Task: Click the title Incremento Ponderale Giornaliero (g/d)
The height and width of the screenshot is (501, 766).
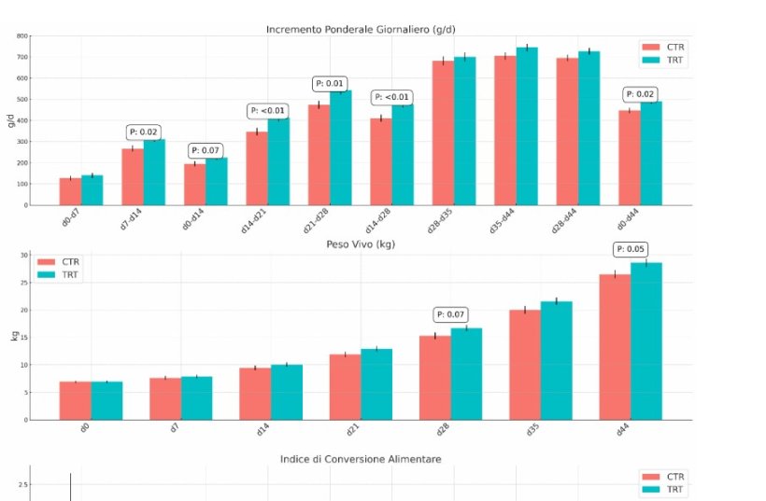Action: coord(361,28)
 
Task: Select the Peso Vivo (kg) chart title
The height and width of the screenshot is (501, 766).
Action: coord(361,244)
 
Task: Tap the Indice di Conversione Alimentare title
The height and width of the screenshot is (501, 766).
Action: coord(361,459)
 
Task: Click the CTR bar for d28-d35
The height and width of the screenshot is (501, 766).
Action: coord(443,132)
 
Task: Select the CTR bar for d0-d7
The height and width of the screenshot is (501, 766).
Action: coord(70,191)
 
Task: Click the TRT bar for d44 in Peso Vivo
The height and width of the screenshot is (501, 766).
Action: coord(645,341)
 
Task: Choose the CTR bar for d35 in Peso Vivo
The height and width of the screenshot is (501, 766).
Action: coord(525,365)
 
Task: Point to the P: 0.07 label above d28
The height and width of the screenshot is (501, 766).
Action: coord(451,314)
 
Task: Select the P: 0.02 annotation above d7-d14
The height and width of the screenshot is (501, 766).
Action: coord(144,132)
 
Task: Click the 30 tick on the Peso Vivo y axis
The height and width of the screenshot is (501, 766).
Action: coord(23,256)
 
